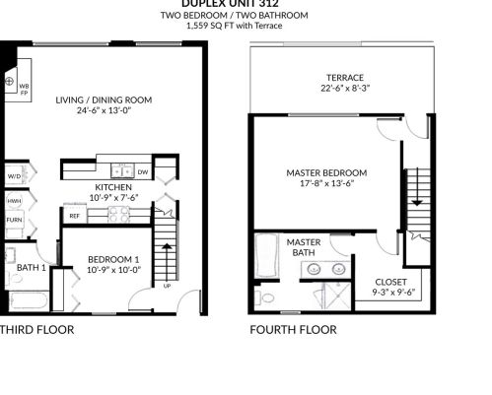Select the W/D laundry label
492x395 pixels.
14,176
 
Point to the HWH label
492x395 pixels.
14,200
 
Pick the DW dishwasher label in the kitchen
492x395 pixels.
143,172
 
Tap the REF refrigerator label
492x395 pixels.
75,215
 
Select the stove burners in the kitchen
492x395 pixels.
118,214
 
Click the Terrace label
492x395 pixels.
345,78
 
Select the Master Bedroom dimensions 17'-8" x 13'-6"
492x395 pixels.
326,182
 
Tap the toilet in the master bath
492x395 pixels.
266,296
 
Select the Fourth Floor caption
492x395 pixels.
293,330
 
